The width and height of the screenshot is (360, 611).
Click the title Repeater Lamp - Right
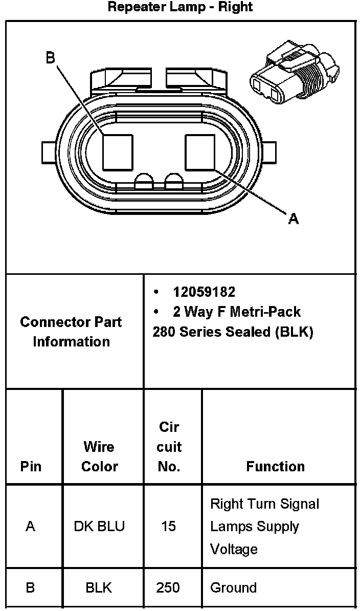[180, 7]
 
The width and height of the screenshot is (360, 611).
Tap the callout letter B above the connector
[50, 58]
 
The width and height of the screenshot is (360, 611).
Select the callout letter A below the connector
[293, 219]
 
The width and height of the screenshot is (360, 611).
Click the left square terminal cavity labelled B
[118, 152]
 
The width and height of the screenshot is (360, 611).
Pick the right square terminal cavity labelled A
[200, 152]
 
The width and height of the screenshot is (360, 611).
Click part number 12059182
[204, 292]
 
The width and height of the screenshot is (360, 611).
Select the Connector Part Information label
[71, 332]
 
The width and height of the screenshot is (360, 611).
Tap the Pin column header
[31, 467]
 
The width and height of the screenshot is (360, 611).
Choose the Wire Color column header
[99, 456]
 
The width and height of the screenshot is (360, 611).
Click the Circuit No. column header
[169, 447]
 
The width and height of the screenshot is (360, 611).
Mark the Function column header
[275, 467]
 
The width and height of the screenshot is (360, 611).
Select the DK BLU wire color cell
[99, 527]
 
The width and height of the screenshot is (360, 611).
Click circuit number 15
[168, 527]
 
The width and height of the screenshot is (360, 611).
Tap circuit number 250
[168, 588]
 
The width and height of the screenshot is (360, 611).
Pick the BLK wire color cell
[99, 588]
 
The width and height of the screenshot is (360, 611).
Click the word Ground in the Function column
[233, 588]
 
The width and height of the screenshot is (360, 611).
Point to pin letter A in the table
[30, 527]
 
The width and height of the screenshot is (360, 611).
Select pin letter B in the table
[30, 588]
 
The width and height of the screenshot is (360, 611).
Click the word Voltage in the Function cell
[234, 550]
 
